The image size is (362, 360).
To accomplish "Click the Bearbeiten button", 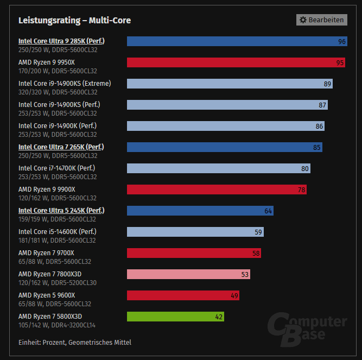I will [321, 20].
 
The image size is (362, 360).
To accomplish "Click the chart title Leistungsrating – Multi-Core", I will [74, 21].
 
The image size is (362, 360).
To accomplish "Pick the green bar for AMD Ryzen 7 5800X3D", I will [175, 317].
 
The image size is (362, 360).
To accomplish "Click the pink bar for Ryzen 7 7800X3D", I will [188, 274].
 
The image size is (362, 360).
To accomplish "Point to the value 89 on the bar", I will [327, 84].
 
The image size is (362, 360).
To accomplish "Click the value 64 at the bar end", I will [268, 211].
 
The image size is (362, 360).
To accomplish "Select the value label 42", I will [219, 317].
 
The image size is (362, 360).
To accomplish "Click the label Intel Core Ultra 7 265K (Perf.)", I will [61, 147].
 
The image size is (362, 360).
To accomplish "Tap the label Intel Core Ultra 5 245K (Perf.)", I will [61, 210].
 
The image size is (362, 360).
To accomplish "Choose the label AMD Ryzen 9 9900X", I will [47, 189].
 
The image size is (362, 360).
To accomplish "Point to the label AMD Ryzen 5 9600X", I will [47, 295].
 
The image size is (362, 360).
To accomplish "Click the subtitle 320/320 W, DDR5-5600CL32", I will [58, 92].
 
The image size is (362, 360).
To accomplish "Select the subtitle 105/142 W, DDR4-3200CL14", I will [57, 325].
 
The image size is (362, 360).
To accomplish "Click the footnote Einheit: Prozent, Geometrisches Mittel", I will [74, 342].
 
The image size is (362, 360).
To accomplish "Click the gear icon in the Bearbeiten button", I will [303, 20].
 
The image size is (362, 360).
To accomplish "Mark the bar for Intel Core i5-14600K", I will [195, 232].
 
